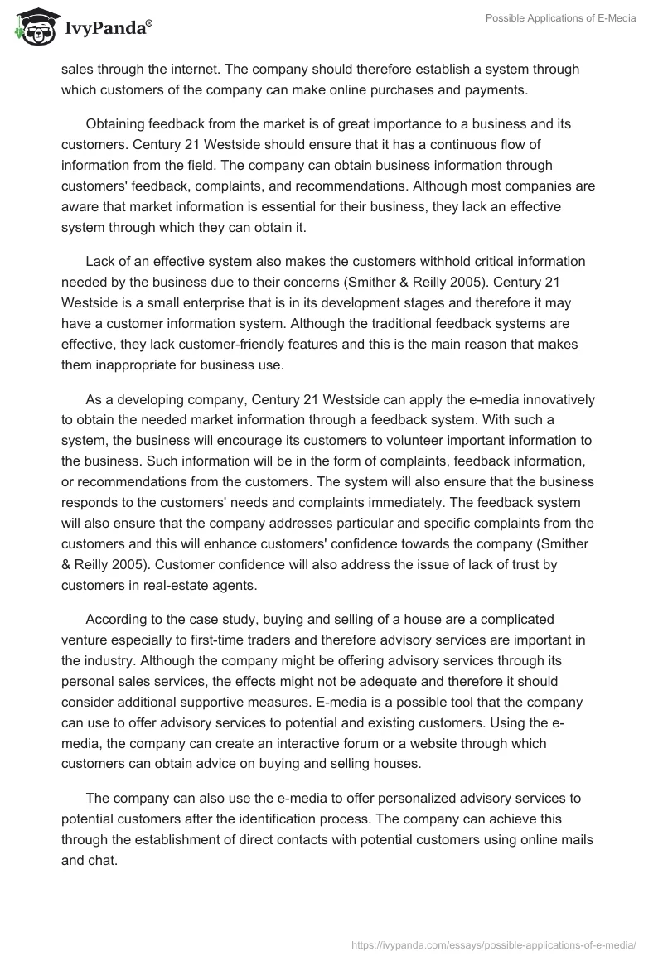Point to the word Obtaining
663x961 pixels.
point(117,123)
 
